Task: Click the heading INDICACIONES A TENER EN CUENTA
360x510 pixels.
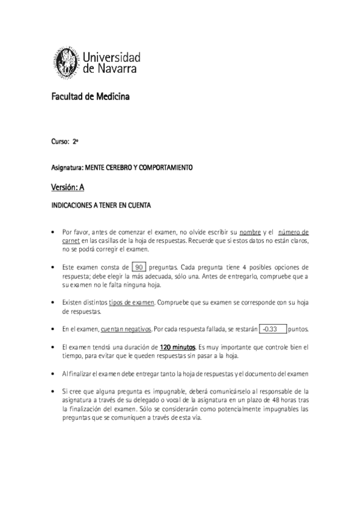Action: (100, 206)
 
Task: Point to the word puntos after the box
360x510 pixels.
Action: (298, 330)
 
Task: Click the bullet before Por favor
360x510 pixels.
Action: (54, 232)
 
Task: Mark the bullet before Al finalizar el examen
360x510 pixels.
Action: (54, 373)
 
